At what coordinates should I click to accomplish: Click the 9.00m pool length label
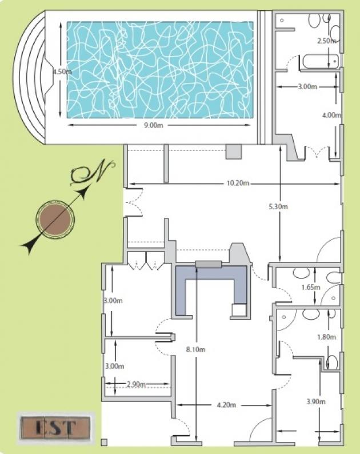click(154, 125)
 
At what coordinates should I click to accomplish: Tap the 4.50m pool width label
click(62, 71)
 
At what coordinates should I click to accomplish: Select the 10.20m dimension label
click(238, 183)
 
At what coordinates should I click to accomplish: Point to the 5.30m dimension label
click(278, 207)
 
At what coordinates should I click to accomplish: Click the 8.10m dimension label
click(195, 349)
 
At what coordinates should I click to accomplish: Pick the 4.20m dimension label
click(227, 405)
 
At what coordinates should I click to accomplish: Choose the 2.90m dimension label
click(136, 384)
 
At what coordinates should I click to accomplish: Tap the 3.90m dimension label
click(316, 401)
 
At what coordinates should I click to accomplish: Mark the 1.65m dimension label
click(311, 287)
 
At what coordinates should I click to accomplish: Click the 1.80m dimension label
click(327, 337)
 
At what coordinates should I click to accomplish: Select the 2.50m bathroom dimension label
click(327, 41)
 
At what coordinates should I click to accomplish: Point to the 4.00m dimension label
click(331, 115)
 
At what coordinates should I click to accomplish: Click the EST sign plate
click(55, 428)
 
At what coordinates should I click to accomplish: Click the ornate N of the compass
click(93, 173)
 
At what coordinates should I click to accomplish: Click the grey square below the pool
click(234, 152)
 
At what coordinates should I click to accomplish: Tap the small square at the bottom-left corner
click(104, 442)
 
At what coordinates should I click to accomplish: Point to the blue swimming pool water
click(161, 70)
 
